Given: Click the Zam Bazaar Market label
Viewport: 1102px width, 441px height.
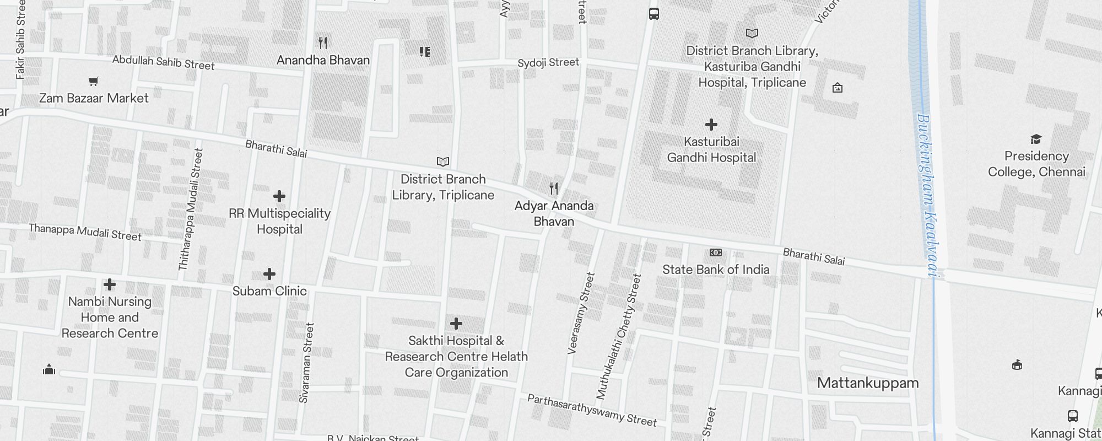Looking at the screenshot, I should [94, 98].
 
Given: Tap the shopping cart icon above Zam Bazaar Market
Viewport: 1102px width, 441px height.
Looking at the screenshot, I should [94, 82].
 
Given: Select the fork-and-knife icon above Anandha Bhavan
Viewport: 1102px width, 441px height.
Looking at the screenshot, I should [323, 42].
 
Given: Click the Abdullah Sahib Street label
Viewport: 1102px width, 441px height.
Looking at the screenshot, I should [163, 62].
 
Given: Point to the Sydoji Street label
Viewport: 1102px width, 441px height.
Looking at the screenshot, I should [548, 62].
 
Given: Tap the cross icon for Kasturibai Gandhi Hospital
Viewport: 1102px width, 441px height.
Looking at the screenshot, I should [711, 125].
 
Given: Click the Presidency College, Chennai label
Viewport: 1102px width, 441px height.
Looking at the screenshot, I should [1036, 164].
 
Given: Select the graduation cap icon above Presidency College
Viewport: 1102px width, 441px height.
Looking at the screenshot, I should [1036, 139].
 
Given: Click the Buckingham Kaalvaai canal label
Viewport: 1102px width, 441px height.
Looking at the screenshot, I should [930, 196].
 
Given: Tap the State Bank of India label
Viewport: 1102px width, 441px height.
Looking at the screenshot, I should [716, 270].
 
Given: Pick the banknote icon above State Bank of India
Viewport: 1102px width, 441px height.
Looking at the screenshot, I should [716, 252].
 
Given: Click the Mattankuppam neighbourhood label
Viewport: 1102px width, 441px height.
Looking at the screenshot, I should [868, 383].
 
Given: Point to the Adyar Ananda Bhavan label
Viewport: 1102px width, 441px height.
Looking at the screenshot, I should [554, 213].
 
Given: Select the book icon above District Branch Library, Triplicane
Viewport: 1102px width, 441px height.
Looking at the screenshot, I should [443, 162].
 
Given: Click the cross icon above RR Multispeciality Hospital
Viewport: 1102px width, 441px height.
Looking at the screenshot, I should [279, 196].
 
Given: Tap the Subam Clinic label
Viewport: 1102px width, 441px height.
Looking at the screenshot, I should [269, 291].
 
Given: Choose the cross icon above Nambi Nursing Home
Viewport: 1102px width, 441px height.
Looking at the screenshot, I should [110, 284].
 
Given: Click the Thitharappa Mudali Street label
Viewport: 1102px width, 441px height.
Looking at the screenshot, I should [191, 209].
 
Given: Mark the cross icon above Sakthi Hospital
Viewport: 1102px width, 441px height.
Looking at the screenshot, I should [456, 324].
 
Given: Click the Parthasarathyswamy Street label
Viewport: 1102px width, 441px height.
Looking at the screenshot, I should [592, 410].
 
